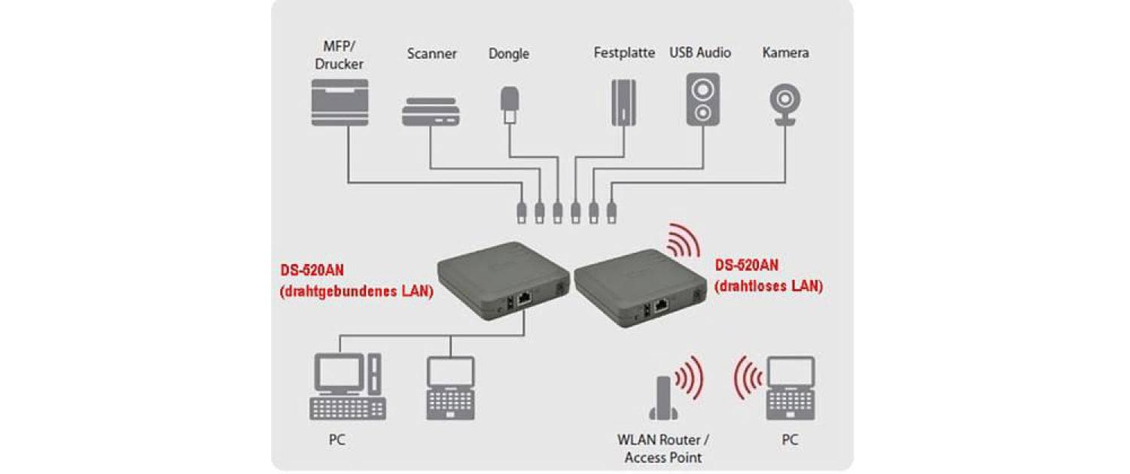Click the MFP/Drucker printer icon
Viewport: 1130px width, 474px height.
point(340,102)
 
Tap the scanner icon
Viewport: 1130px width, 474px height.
point(430,111)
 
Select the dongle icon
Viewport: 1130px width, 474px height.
point(510,105)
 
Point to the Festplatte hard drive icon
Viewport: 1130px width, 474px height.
point(623,100)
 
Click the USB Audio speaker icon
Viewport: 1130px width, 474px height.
point(702,99)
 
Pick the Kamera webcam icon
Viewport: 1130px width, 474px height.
point(785,102)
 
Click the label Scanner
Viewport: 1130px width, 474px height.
point(431,54)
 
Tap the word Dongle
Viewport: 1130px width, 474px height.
point(509,54)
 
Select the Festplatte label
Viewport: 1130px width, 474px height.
point(624,54)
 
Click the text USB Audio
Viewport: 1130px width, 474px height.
point(700,53)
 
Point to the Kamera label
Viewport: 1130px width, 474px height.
point(785,53)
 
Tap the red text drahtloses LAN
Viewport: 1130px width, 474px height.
point(769,286)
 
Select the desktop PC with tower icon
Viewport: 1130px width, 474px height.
point(348,387)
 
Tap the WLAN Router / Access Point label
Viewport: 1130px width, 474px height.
point(663,448)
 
